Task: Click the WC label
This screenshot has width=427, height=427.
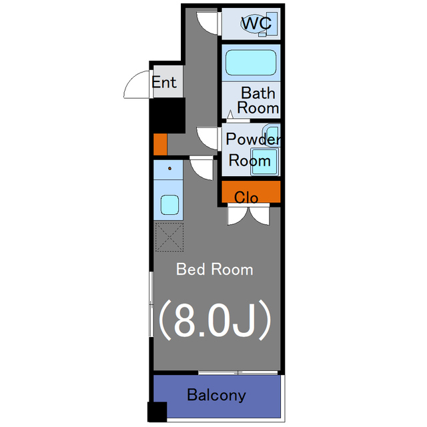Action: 256,23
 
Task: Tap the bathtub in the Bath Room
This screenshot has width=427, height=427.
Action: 251,62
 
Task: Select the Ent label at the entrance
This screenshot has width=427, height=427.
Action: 164,82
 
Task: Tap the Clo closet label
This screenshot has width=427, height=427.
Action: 246,197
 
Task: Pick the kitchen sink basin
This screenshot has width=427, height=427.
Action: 169,205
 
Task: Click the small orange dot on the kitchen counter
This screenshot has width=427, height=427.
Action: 169,169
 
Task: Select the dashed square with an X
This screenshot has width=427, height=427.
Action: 169,237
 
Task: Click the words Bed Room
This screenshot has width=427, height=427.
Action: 215,270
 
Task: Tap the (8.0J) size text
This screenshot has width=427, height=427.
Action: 215,320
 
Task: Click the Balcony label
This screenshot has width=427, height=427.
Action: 216,395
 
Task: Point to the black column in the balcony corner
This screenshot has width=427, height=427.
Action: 157,412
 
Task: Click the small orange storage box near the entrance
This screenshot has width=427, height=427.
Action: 160,144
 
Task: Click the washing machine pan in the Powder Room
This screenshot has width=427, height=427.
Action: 265,161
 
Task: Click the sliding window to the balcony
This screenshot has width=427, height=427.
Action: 238,373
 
